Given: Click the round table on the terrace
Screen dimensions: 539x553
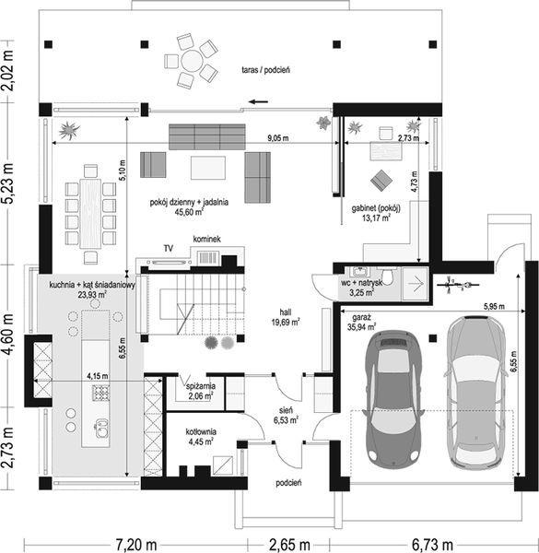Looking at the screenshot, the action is coord(192,61).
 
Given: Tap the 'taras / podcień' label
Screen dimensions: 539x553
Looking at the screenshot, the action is coord(265,70).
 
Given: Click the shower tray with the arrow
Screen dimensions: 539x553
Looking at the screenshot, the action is coord(416,284).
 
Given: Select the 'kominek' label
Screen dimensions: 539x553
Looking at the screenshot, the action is coord(207,239).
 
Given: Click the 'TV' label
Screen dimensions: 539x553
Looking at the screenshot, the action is coord(169,248).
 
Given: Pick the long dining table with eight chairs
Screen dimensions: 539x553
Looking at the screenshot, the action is coord(90,214).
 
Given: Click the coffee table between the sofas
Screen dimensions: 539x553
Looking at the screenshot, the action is coord(208,168).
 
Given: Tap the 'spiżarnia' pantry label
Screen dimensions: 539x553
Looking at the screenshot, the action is coord(201,386).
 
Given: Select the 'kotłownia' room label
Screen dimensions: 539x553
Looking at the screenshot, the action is coord(201,431).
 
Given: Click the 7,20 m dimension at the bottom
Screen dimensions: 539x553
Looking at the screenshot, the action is coord(135,545).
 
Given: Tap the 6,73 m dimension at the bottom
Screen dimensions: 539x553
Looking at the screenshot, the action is coord(432,545).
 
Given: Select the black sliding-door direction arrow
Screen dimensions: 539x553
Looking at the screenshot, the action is coord(258,102).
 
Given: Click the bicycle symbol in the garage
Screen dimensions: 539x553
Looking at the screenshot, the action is coord(456,284).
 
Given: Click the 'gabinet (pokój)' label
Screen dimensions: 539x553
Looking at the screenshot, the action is coord(376,208).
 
